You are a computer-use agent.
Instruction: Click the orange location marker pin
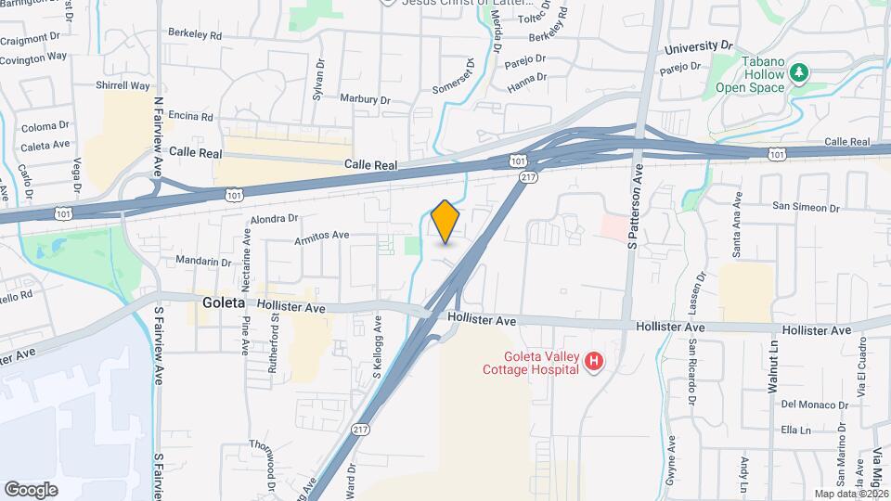tap(445, 222)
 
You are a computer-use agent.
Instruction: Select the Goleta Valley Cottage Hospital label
tap(542, 362)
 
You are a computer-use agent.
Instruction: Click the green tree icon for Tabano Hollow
tap(797, 72)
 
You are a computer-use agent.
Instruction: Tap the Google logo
tap(31, 489)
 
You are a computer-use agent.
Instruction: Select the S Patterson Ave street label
tap(637, 208)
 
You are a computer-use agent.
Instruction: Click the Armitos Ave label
tap(321, 236)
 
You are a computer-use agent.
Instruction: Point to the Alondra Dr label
tap(274, 219)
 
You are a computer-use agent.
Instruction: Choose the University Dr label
tap(699, 45)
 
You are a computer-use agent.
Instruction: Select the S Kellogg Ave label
tap(378, 349)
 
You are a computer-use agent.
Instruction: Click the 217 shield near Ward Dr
tap(362, 430)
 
